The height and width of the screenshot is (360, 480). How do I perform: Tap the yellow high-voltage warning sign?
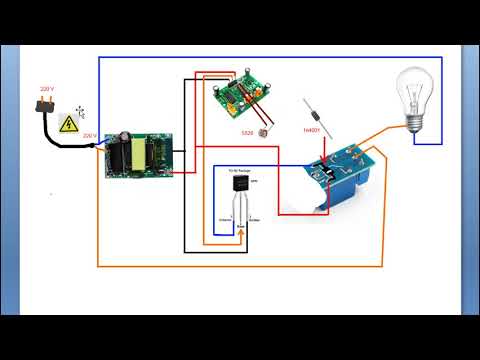pyautogui.click(x=69, y=124)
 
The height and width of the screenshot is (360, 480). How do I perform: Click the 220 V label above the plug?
pyautogui.click(x=46, y=89)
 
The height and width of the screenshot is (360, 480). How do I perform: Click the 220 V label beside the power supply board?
pyautogui.click(x=89, y=135)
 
